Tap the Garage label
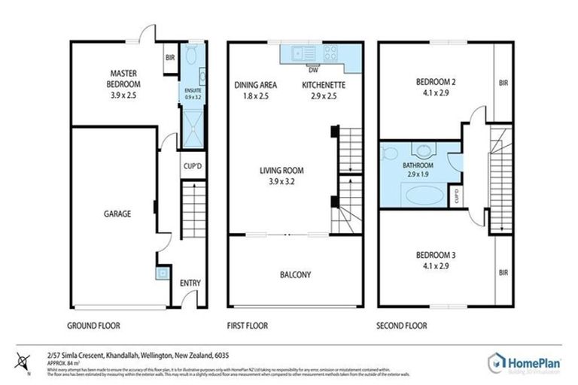coord(117,214)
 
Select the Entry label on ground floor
coord(190,283)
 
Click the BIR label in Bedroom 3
coord(503,273)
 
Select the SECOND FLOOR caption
coord(401,326)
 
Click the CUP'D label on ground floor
coord(190,167)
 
